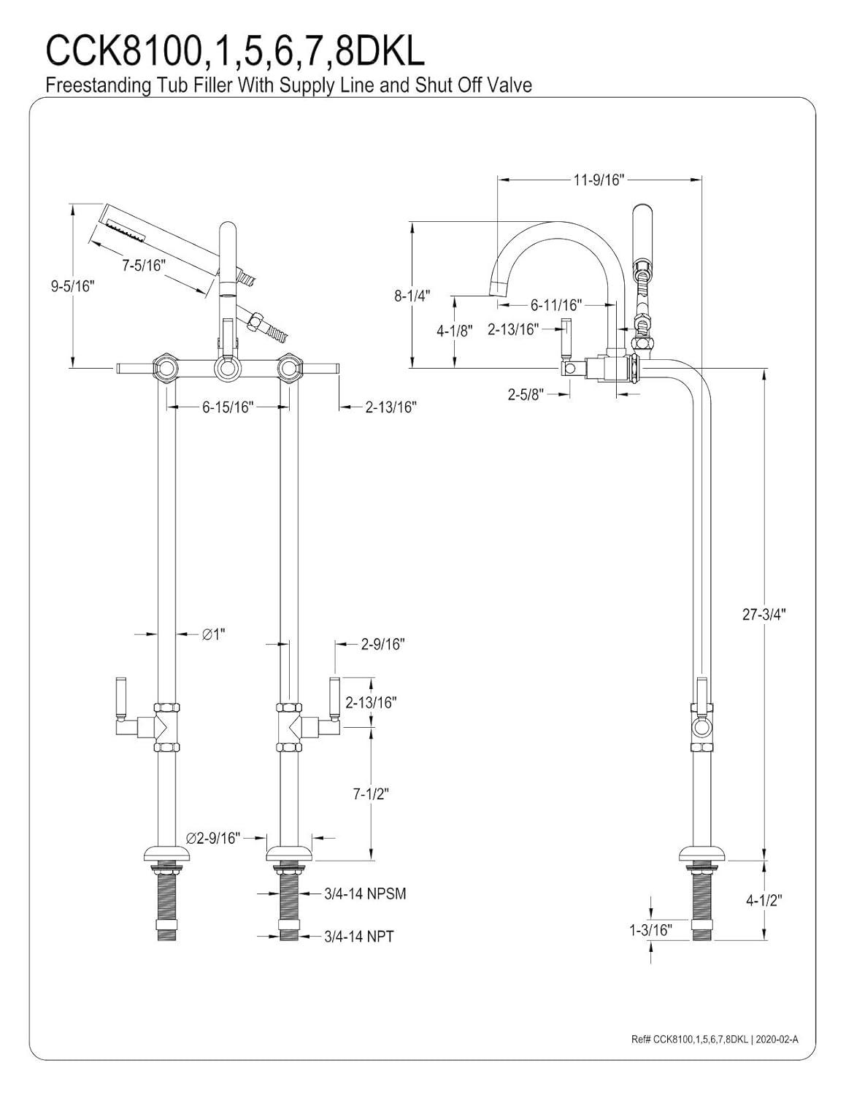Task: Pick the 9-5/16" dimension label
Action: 73,286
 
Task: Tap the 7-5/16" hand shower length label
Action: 144,264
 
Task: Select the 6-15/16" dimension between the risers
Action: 227,407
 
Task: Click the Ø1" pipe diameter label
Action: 213,634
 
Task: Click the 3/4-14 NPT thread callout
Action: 358,936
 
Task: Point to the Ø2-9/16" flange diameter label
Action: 213,838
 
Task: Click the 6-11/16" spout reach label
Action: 555,305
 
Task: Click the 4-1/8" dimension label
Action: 455,330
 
